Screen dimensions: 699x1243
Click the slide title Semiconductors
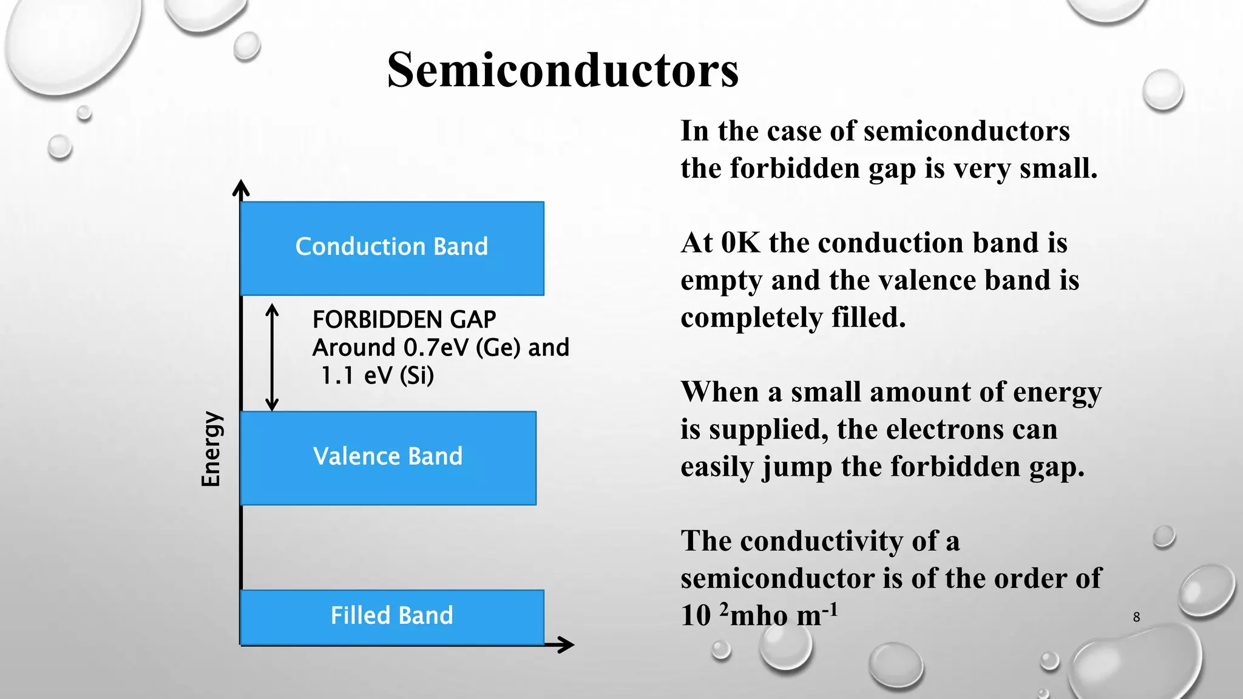click(563, 70)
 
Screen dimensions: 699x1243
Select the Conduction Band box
click(392, 248)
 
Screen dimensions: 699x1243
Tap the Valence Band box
click(388, 458)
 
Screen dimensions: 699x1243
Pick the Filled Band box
click(392, 616)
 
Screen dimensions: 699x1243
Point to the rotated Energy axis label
click(211, 449)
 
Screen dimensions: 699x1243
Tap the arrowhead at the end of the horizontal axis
click(567, 644)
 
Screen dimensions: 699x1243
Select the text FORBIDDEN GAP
click(404, 320)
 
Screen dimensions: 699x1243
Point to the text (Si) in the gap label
click(417, 376)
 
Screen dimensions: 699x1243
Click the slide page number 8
click(1136, 617)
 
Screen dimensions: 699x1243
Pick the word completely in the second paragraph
click(751, 318)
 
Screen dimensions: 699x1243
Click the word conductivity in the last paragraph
click(821, 541)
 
